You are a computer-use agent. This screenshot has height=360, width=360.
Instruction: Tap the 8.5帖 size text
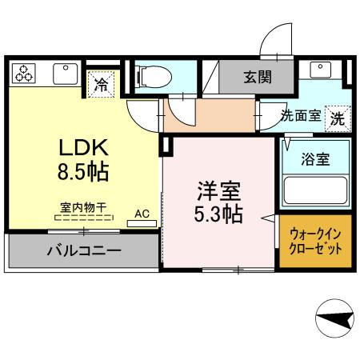[83, 170]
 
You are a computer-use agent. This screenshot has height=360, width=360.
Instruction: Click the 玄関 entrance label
[257, 78]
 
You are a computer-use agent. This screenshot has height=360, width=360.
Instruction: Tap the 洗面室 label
[301, 116]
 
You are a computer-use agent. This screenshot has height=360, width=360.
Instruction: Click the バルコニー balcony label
[83, 251]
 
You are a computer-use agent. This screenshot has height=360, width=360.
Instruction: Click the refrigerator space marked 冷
[102, 82]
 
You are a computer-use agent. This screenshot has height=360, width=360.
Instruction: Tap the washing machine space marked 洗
[338, 117]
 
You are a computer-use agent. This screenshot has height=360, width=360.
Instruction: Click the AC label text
[142, 214]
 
